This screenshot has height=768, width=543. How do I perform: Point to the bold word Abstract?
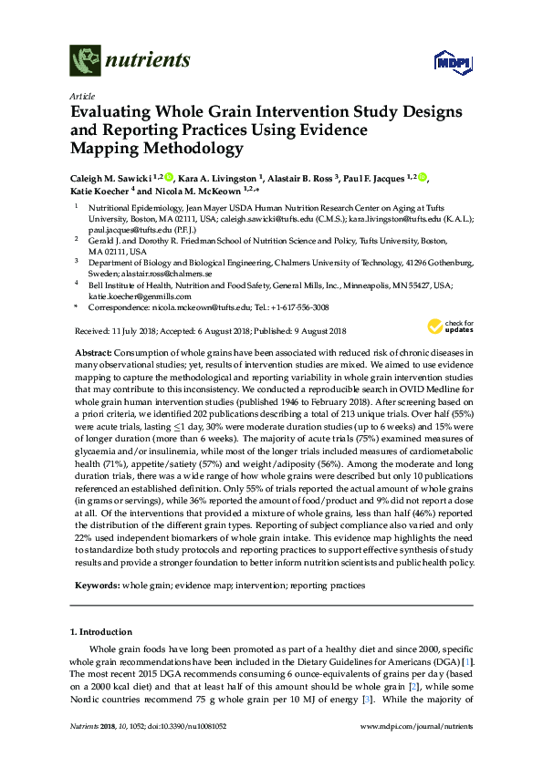[92, 352]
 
